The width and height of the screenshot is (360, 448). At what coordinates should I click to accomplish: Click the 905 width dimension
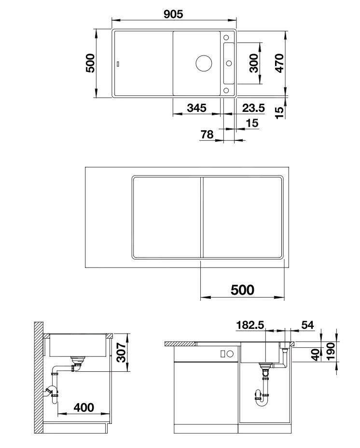coord(173,14)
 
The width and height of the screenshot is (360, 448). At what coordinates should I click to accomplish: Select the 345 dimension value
coord(196,108)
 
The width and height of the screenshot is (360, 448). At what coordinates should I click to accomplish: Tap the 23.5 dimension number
coord(254,108)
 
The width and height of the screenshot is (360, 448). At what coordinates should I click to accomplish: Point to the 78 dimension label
coord(207,135)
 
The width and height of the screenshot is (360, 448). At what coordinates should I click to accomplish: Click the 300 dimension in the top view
coord(255,63)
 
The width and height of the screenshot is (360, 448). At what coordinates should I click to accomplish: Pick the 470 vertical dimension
coord(279,63)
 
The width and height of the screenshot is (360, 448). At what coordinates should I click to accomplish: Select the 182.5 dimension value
coord(250,325)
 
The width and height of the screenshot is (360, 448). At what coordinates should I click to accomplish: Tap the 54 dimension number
coord(307,325)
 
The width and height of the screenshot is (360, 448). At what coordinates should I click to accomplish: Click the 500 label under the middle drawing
coord(242,290)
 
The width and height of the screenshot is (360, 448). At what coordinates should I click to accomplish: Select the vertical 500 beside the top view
coord(90,63)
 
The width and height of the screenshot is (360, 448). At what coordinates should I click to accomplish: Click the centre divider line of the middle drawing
coord(200,217)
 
